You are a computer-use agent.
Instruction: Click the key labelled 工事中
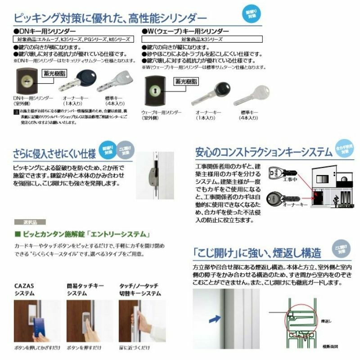click(x=280, y=173)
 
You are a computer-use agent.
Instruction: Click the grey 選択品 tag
click(x=24, y=222)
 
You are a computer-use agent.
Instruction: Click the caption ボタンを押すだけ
click(x=82, y=348)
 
